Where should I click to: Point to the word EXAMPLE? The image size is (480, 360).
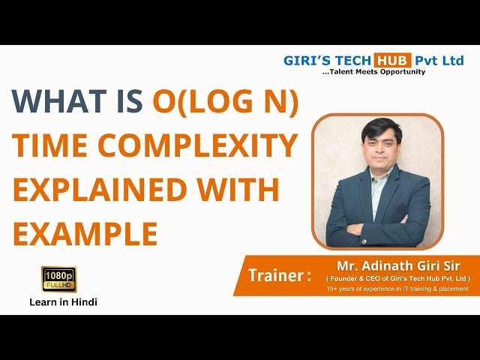pyautogui.click(x=85, y=233)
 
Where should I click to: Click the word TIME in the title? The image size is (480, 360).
pyautogui.click(x=48, y=147)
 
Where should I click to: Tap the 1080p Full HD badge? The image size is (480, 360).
pyautogui.click(x=59, y=279)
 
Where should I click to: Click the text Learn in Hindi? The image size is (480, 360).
pyautogui.click(x=63, y=301)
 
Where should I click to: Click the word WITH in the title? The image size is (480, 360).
pyautogui.click(x=241, y=190)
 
